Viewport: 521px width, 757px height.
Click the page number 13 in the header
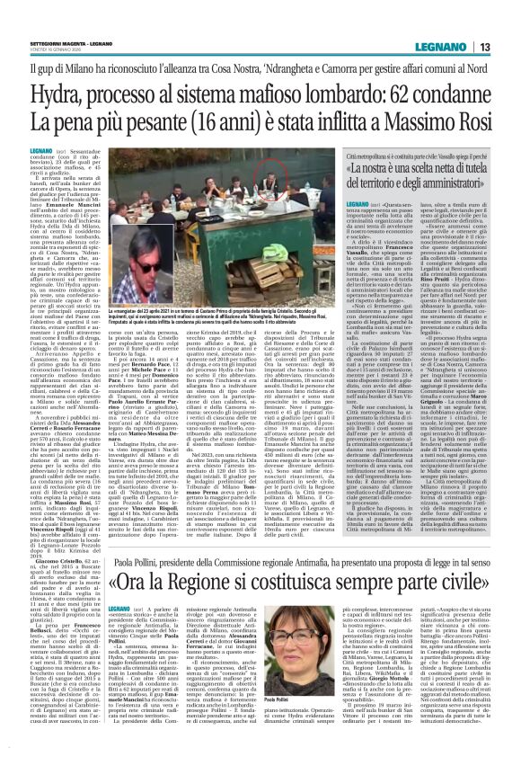(x=508, y=22)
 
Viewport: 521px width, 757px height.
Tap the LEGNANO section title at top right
(x=461, y=22)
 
